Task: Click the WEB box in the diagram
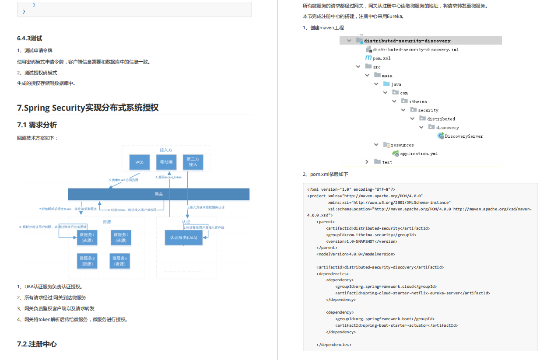[x=140, y=162]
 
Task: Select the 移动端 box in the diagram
[x=166, y=162]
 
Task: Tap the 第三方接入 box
[x=193, y=162]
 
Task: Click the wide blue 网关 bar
[x=158, y=194]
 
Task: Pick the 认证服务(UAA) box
[x=183, y=238]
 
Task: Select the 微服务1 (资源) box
[x=87, y=238]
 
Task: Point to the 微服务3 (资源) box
[x=87, y=261]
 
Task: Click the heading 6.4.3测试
[x=30, y=38]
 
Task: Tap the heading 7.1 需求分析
[x=37, y=125]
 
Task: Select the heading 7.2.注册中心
[x=37, y=344]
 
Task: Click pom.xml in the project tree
[x=382, y=58]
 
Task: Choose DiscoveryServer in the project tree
[x=464, y=136]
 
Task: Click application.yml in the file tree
[x=419, y=154]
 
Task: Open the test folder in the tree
[x=387, y=162]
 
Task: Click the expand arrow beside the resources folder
[x=376, y=145]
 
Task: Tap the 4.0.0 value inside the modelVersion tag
[x=355, y=254]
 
